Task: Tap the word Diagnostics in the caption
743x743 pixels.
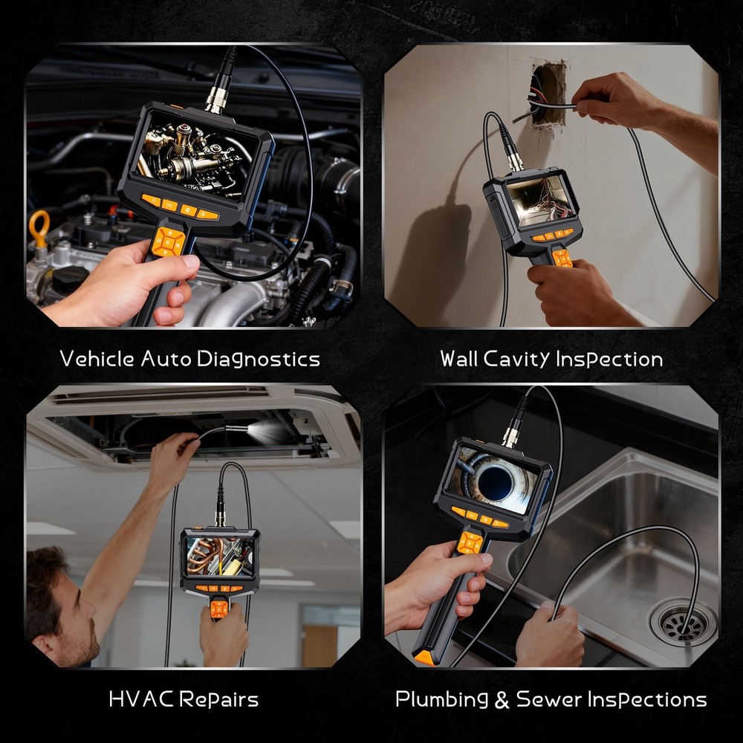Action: tap(259, 359)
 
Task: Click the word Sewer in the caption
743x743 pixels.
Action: tap(548, 699)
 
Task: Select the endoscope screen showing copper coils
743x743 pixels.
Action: tap(219, 556)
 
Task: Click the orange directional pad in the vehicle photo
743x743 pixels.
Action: tap(170, 241)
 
